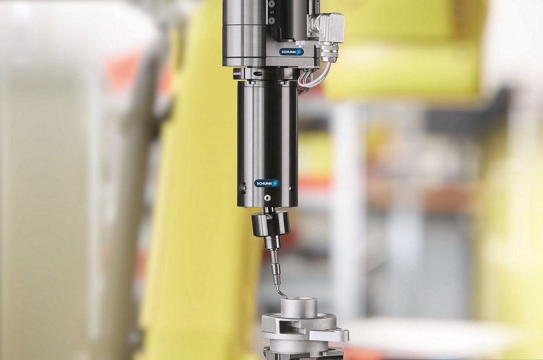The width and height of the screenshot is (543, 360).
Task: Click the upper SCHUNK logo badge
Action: tap(291, 52)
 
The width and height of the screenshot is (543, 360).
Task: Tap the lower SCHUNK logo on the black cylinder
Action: tap(267, 183)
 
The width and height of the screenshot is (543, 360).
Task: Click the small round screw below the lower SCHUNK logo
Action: tap(267, 198)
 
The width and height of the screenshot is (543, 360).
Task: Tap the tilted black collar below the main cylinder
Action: tap(271, 223)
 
